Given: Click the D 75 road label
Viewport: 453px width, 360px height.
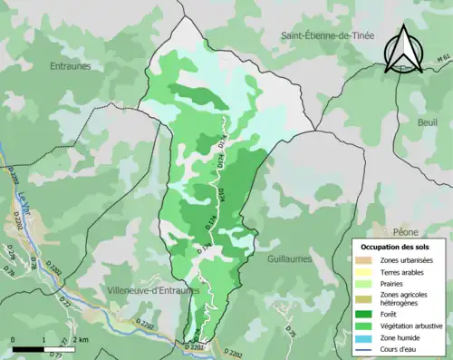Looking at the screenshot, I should (x=292, y=334).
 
